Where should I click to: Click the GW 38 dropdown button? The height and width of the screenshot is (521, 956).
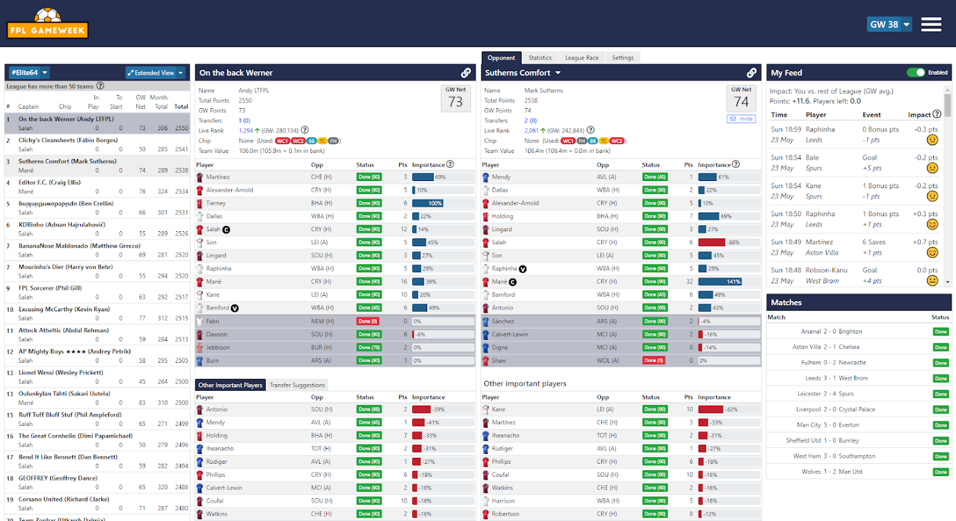(x=889, y=25)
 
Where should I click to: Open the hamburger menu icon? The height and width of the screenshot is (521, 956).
(x=931, y=25)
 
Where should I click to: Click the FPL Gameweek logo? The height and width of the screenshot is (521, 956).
(x=48, y=24)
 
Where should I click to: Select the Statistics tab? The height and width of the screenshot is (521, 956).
(x=540, y=58)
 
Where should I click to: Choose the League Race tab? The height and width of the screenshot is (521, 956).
(x=582, y=58)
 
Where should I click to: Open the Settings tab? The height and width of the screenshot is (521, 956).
(x=623, y=58)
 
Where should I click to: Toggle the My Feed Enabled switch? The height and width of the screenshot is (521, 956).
(x=916, y=72)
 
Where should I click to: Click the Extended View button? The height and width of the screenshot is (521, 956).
(x=156, y=73)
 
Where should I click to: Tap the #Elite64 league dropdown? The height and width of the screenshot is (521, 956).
(x=29, y=73)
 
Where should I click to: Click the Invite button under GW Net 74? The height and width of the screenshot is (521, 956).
(x=741, y=119)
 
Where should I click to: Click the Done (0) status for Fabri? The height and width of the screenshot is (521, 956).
(x=368, y=321)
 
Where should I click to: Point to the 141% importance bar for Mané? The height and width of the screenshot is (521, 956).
(x=720, y=282)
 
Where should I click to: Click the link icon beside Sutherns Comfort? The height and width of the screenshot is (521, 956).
(x=751, y=73)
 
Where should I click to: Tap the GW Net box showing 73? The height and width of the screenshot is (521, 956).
(x=455, y=99)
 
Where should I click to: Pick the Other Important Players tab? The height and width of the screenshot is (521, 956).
(x=230, y=385)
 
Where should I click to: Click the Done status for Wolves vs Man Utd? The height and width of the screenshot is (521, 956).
(x=940, y=472)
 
